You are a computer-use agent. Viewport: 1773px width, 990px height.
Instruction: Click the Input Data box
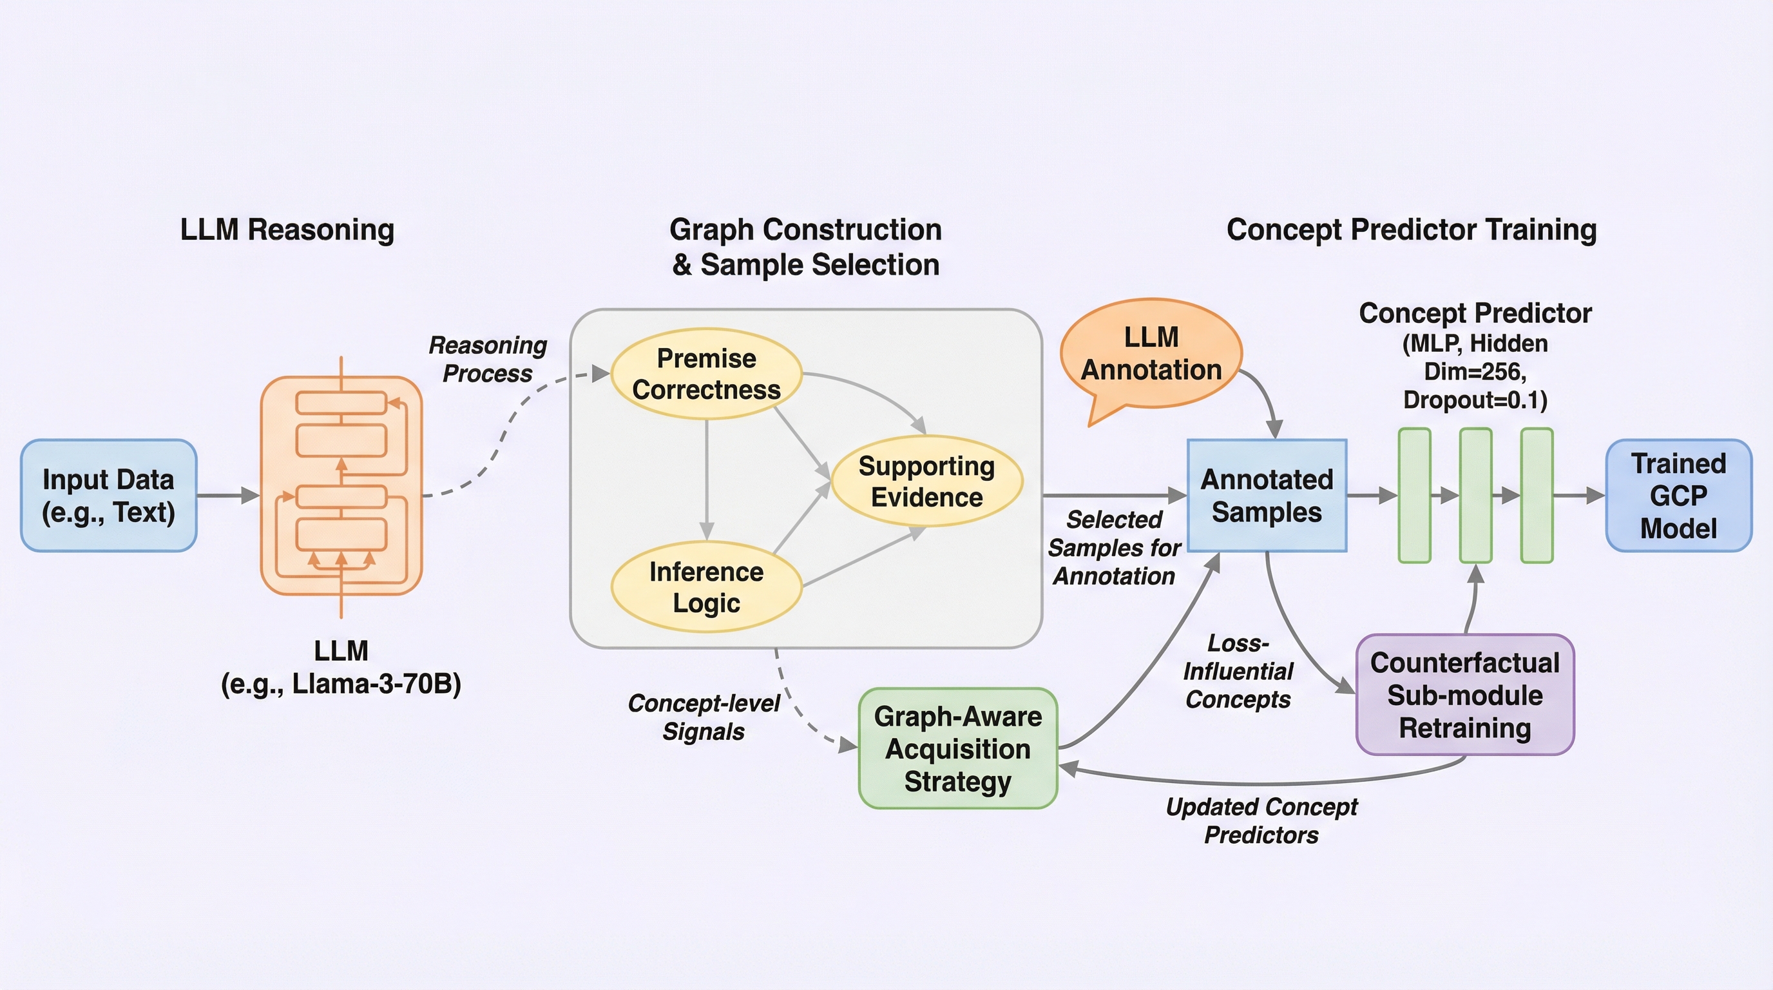tap(109, 496)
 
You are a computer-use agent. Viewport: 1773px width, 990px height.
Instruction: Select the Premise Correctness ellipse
tap(706, 374)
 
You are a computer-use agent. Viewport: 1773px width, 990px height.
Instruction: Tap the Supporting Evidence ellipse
tap(926, 481)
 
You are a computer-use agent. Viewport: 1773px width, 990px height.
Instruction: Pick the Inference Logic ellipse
tap(706, 587)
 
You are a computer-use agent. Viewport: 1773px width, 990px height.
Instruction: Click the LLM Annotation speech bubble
tap(1151, 354)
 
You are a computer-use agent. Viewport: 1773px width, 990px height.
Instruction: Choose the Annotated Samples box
tap(1267, 496)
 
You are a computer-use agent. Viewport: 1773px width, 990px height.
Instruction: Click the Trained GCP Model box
tap(1678, 496)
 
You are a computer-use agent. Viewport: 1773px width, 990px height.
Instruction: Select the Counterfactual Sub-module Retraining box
tap(1464, 695)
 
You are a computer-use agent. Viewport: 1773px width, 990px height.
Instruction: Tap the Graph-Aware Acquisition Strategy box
tap(957, 748)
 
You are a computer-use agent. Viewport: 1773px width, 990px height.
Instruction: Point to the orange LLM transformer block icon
tap(341, 486)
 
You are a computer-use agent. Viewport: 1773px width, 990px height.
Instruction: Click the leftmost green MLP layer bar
tap(1414, 496)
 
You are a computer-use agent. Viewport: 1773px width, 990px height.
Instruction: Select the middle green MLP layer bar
tap(1475, 496)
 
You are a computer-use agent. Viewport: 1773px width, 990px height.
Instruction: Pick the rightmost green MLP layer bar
tap(1536, 496)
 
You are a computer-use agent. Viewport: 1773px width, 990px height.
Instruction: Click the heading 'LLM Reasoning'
tap(287, 229)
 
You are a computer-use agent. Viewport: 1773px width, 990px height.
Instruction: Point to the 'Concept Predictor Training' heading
tap(1411, 229)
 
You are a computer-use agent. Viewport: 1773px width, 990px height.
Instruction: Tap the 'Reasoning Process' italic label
tap(487, 360)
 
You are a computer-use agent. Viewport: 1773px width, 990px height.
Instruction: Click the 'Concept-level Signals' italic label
tap(704, 717)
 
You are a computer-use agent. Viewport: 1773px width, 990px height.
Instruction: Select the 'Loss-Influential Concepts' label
tap(1238, 671)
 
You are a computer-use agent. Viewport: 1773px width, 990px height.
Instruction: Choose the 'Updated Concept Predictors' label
tap(1261, 820)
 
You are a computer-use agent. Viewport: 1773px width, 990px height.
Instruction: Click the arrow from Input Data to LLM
tap(228, 495)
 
